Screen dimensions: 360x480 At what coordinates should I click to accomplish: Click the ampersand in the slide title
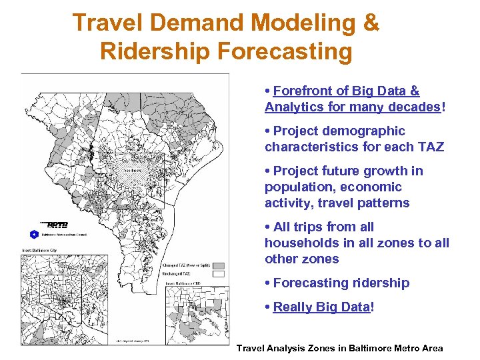tap(371, 23)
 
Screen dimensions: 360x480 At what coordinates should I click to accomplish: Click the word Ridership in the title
tap(155, 51)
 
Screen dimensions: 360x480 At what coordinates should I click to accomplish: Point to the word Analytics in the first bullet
tap(294, 107)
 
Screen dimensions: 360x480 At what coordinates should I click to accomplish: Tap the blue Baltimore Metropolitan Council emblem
tap(34, 234)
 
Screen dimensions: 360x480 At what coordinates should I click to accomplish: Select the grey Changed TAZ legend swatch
tap(218, 265)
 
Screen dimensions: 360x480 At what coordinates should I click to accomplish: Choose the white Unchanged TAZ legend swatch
tap(218, 274)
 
